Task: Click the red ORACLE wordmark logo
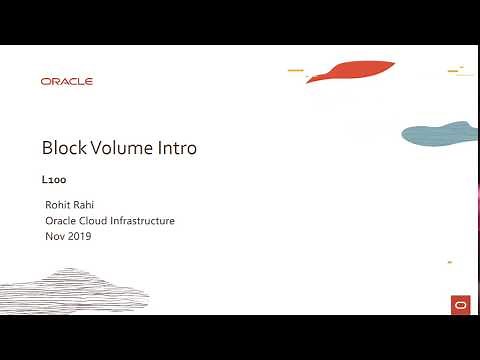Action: [x=67, y=82]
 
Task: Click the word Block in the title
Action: [x=64, y=148]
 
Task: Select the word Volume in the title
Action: [x=126, y=148]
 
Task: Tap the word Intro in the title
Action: [x=181, y=148]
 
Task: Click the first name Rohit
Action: [x=59, y=205]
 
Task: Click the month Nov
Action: [x=55, y=236]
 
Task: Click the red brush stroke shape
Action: [x=345, y=71]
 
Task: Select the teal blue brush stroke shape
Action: [x=440, y=133]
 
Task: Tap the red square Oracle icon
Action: [x=460, y=304]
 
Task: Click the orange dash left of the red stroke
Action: [x=295, y=70]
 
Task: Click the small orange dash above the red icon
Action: [x=450, y=262]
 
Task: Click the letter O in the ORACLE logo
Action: [x=46, y=82]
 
